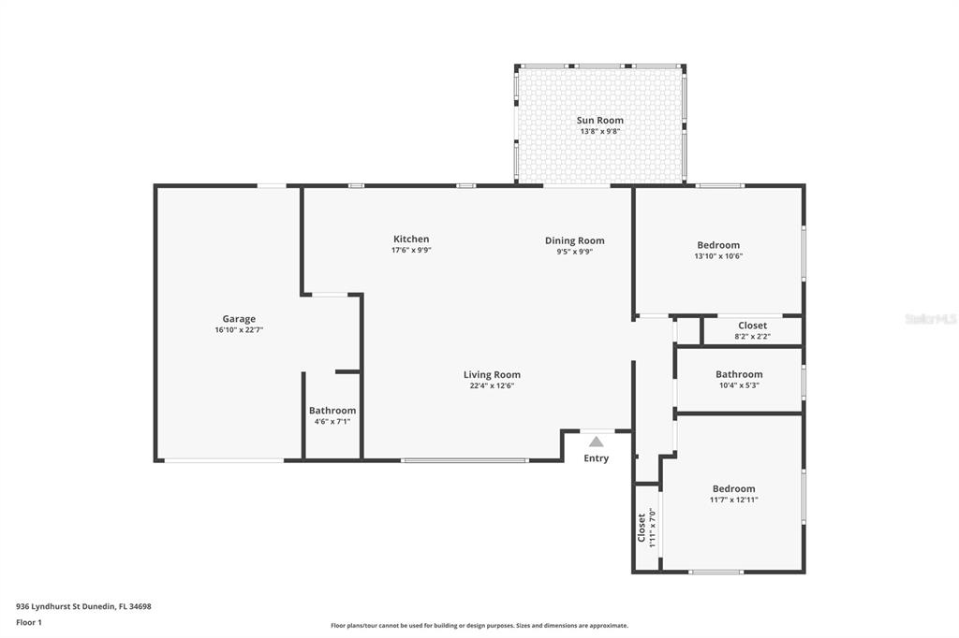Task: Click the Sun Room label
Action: [600, 121]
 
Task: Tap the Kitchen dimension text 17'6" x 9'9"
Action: [411, 250]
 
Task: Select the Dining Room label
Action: [574, 240]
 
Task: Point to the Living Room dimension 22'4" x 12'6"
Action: [492, 385]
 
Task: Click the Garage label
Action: [239, 319]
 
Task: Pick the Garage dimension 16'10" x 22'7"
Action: [239, 330]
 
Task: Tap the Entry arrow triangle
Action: [597, 442]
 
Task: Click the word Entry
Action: [597, 458]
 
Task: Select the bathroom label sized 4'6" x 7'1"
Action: [332, 411]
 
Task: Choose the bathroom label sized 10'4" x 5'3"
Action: [739, 374]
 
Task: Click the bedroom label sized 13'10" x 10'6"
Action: [718, 245]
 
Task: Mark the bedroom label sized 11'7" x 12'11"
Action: [733, 489]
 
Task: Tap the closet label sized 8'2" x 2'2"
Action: [752, 326]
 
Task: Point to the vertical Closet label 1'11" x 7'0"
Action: [641, 527]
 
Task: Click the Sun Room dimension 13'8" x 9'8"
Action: [600, 131]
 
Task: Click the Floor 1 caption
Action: [29, 623]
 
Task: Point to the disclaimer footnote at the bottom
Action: [479, 626]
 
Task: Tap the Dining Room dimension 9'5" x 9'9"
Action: [574, 252]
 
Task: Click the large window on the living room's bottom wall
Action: [465, 460]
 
